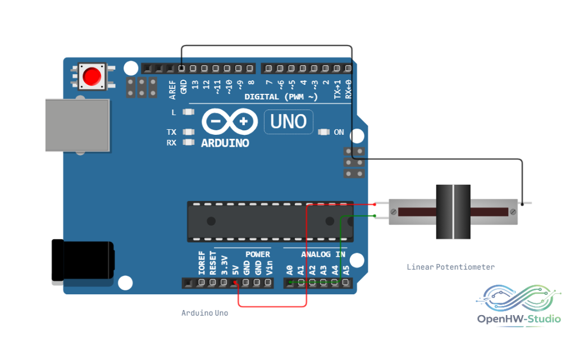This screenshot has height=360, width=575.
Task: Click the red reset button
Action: [x=92, y=76]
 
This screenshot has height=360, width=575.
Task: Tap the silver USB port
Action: [x=77, y=125]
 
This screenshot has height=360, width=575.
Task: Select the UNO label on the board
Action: [x=288, y=122]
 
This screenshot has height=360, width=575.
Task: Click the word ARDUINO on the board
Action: [x=225, y=143]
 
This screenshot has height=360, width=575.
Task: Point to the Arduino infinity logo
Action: [x=230, y=121]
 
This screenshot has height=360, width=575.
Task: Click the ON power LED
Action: [x=323, y=132]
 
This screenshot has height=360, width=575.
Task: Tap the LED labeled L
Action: [x=189, y=112]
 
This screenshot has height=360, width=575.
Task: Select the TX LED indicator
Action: [x=189, y=131]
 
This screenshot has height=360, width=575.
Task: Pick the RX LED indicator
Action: [x=189, y=142]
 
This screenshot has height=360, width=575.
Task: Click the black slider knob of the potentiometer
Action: [x=453, y=212]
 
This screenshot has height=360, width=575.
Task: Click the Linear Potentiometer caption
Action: [x=451, y=267]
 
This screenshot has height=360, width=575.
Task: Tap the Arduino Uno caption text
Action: [x=204, y=313]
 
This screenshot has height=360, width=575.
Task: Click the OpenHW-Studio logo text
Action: [x=519, y=319]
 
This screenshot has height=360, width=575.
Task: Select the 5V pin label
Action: [x=235, y=270]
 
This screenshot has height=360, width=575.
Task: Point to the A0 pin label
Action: [x=290, y=270]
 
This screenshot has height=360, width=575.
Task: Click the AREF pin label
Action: [x=172, y=90]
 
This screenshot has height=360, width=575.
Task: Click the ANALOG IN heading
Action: [x=323, y=254]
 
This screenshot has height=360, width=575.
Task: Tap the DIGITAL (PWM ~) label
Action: [x=281, y=97]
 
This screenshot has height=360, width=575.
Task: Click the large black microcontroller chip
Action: [x=270, y=221]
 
